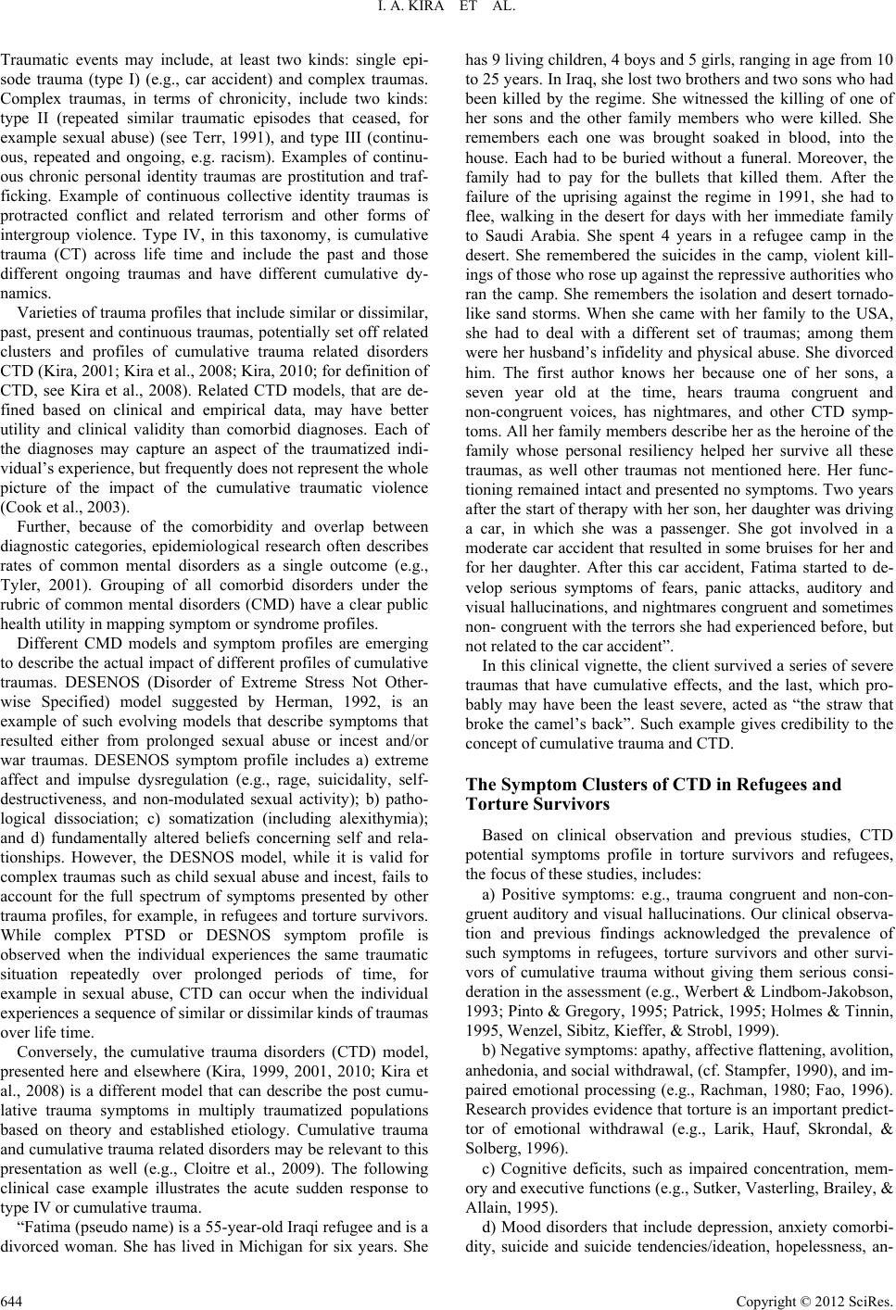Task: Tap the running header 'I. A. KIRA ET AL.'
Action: point(448,12)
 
